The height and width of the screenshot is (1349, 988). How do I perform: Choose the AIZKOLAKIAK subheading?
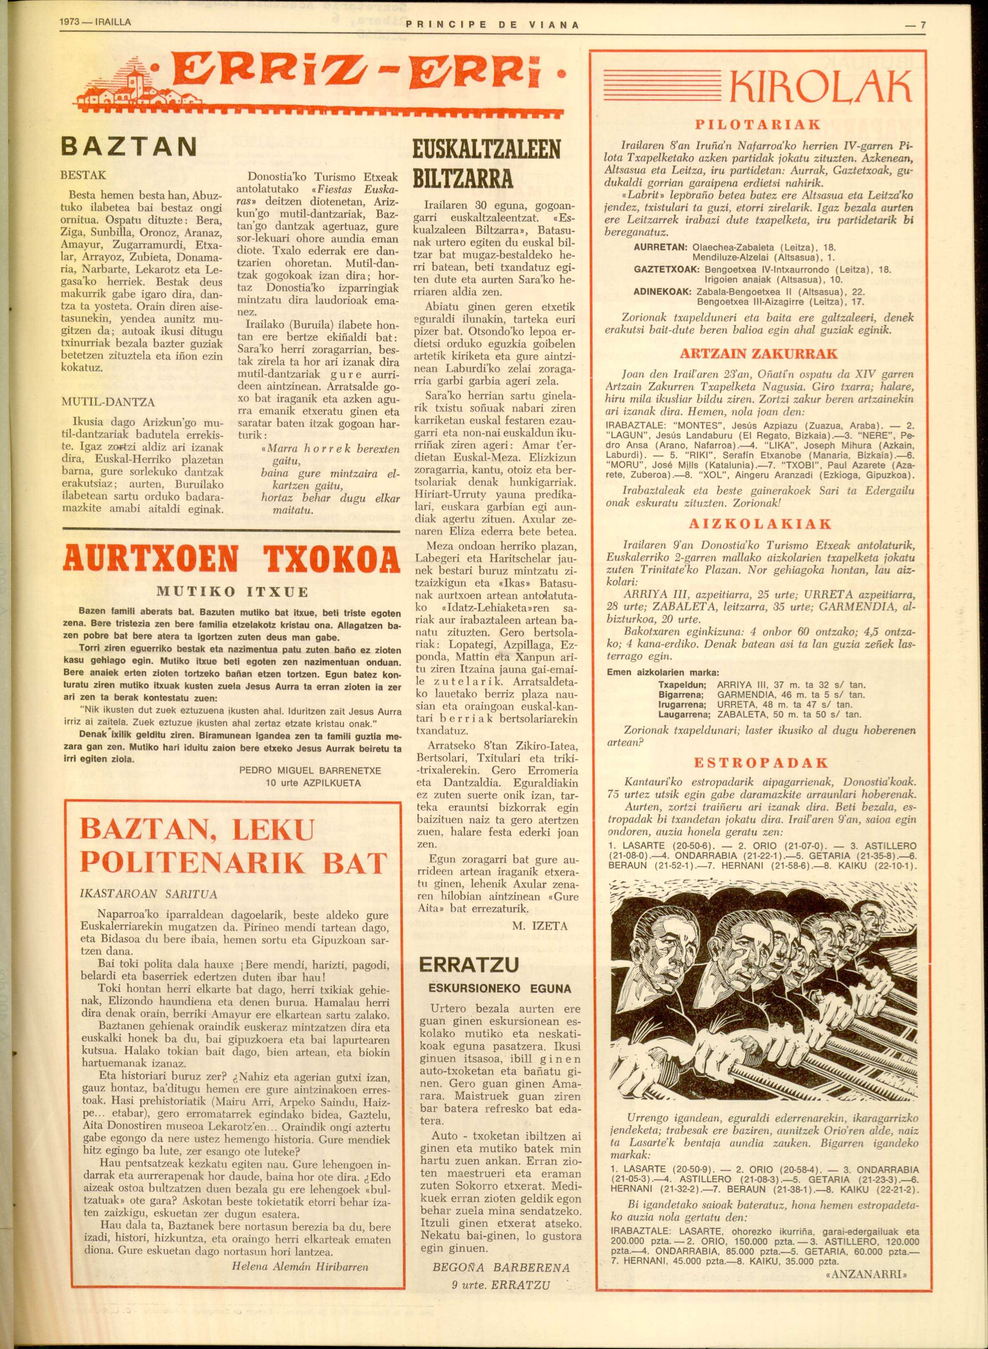(760, 524)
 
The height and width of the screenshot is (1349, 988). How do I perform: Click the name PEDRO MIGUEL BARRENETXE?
(310, 771)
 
